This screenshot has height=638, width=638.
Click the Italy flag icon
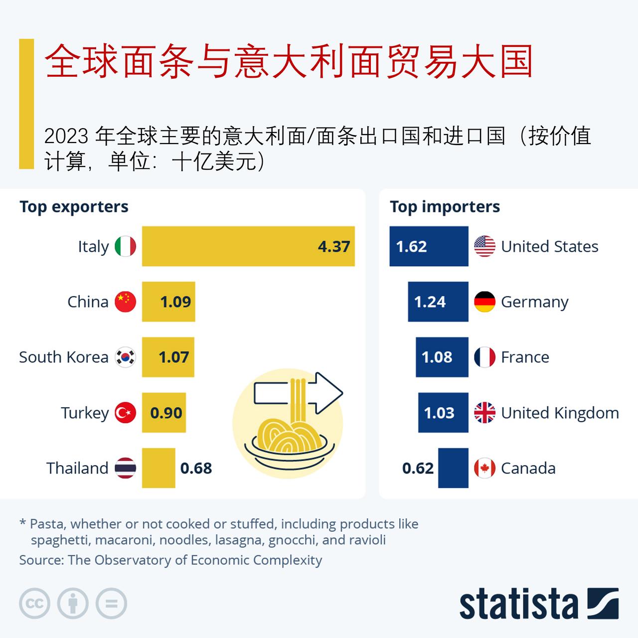[125, 246]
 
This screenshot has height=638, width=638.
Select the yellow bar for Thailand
[159, 468]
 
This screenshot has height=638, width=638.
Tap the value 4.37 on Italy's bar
[334, 246]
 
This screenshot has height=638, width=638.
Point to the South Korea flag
[125, 357]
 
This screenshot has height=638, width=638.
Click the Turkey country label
[85, 413]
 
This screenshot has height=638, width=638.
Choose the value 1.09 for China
[175, 302]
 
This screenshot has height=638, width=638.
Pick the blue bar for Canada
[453, 468]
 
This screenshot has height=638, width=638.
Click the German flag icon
[484, 302]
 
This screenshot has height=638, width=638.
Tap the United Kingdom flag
[484, 413]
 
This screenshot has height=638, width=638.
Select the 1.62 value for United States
[411, 246]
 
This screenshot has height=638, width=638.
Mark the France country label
[525, 357]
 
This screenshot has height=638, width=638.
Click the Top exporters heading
[74, 207]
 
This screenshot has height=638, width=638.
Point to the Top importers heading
[445, 207]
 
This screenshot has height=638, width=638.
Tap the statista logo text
[518, 604]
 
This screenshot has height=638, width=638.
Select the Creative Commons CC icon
[34, 604]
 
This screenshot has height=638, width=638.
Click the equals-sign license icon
[112, 604]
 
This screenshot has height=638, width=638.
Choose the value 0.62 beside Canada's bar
[418, 468]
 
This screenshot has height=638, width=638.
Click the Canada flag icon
[484, 468]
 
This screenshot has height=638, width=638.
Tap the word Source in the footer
[41, 560]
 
